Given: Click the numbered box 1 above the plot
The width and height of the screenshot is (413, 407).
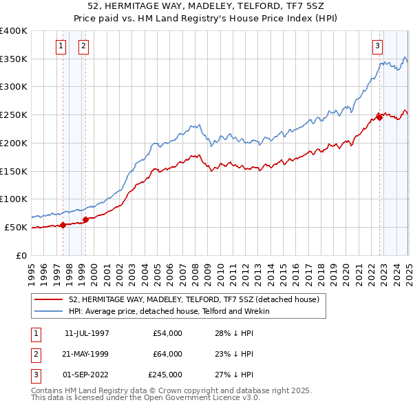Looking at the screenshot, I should coord(61,46).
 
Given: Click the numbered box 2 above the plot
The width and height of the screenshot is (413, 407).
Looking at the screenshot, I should coord(83,46).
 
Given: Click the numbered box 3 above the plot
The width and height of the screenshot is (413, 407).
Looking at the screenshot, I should coord(378,46).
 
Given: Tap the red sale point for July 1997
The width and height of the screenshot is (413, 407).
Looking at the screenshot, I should coord(63,224).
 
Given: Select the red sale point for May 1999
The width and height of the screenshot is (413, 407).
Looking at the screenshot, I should coord(86,220).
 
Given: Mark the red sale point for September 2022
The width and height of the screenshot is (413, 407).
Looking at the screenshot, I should coord(379,116).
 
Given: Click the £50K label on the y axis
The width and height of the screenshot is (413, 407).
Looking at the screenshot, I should coord(17,227).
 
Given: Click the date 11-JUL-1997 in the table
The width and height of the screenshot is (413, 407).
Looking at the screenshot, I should coord(87,334).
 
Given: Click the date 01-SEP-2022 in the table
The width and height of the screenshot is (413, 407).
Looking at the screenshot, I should coord(87,375).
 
